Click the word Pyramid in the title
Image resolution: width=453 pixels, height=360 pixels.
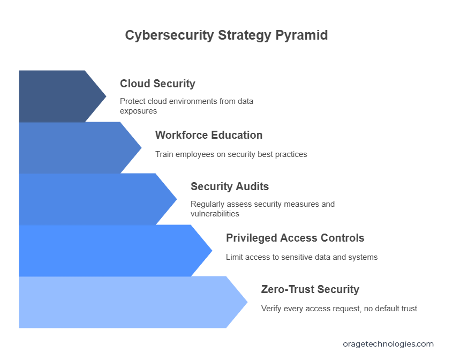coord(301,35)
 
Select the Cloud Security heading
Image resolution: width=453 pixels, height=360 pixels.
coord(157,84)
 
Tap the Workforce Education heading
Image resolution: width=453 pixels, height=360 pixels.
coord(209,135)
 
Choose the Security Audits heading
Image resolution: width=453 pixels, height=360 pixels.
coord(230,186)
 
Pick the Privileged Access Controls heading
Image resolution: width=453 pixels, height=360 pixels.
coord(295,238)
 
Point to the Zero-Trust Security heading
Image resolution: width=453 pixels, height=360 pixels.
coord(310,289)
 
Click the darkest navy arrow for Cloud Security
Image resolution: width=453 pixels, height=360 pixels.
coord(58,96)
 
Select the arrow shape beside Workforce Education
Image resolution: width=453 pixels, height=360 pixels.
coord(75,148)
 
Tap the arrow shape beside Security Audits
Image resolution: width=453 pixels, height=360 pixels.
coord(93,199)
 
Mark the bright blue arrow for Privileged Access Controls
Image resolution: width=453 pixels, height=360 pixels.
coord(110,251)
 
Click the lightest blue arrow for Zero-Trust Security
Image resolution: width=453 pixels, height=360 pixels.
coord(127,302)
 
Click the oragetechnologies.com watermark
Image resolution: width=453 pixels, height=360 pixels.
coord(388,344)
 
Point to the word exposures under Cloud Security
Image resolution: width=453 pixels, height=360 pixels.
coord(138,111)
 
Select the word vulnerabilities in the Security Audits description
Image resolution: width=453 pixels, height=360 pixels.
coord(215,214)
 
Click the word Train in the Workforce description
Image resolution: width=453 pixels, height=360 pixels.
coord(164,154)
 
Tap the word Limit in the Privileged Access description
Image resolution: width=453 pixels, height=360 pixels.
coord(233,257)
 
